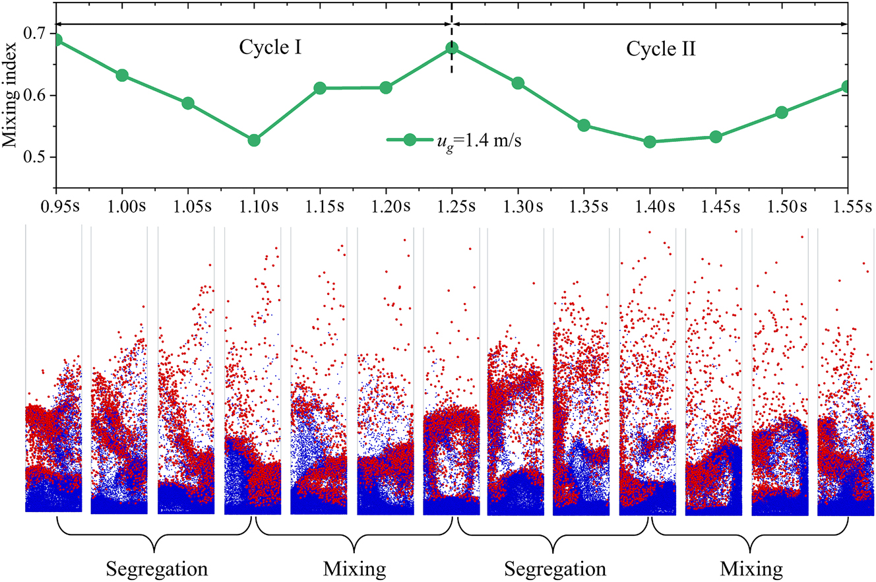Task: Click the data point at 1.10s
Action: [254, 140]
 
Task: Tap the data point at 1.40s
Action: [650, 142]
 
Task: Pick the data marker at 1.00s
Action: [122, 75]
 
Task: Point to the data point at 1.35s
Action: [584, 125]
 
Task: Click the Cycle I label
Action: [270, 48]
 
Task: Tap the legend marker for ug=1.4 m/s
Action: [410, 140]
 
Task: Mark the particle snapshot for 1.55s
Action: [845, 436]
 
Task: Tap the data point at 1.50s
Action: [782, 113]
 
